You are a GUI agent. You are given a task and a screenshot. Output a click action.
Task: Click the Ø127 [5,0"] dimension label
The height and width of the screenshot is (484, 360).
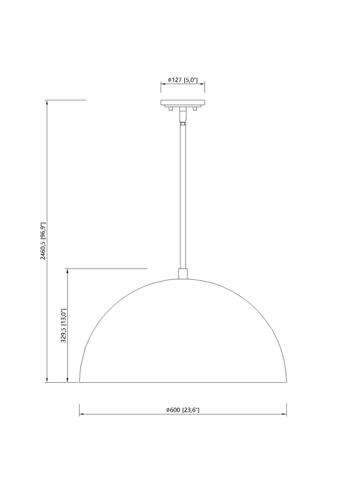click(x=183, y=80)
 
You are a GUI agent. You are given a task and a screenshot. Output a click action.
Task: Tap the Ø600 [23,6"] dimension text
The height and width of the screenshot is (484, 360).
click(x=183, y=410)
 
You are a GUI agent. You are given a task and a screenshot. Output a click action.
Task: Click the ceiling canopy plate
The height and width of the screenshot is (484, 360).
click(x=183, y=103)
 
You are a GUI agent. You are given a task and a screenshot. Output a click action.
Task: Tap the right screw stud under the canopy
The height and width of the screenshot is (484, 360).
click(x=195, y=108)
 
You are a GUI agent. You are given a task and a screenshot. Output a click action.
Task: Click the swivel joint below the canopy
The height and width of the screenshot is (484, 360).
click(x=183, y=117)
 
